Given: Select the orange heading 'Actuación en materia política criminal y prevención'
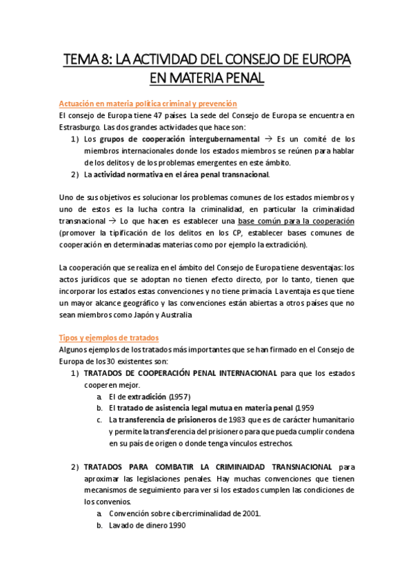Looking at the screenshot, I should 148,103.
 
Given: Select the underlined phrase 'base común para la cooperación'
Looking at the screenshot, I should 296,221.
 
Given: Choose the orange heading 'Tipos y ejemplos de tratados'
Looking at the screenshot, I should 110,337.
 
